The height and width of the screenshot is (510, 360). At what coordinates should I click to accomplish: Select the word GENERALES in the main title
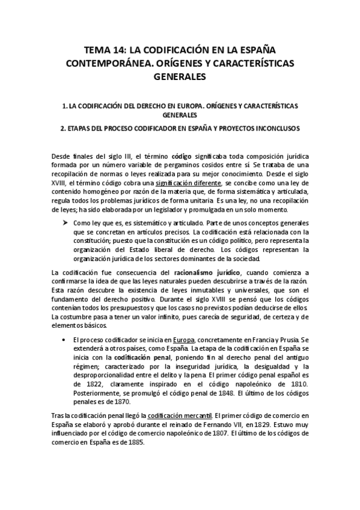click(180, 76)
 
